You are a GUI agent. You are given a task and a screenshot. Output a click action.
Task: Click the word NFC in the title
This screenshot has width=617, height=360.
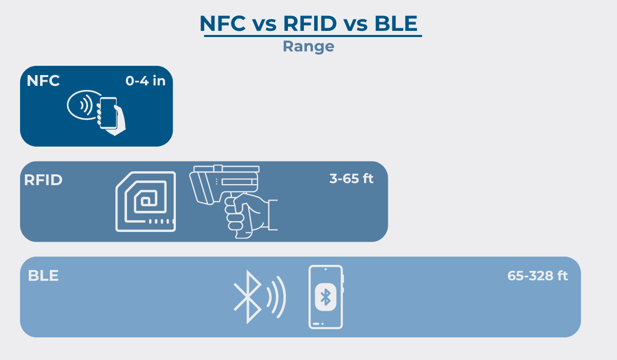(223, 24)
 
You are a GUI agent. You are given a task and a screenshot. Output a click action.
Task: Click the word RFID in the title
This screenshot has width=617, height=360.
(310, 24)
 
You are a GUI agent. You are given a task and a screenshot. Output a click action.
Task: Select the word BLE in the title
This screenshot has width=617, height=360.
(396, 24)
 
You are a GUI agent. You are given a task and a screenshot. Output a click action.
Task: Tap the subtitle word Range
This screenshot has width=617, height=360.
(308, 46)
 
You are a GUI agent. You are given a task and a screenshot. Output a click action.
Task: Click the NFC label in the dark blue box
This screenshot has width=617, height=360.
(43, 81)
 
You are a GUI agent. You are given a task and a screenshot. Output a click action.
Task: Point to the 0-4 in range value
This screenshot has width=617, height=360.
(146, 81)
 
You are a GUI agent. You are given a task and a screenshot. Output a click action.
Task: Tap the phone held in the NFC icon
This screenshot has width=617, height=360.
(108, 113)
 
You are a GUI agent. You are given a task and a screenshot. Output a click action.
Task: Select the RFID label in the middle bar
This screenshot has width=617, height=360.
(43, 180)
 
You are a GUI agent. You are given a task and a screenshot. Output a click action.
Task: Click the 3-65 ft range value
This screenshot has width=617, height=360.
(352, 178)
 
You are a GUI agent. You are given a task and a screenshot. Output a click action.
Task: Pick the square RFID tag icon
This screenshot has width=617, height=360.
(146, 202)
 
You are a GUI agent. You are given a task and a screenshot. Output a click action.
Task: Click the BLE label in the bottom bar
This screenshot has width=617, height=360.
(43, 276)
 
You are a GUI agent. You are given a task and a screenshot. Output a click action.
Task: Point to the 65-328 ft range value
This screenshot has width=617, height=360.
(538, 276)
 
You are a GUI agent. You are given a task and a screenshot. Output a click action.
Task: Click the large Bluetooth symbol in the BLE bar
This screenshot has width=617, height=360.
(247, 297)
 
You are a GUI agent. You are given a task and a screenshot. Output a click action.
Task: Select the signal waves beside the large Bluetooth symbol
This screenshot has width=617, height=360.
(276, 297)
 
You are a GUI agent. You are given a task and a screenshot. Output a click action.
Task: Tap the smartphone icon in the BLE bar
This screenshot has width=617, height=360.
(326, 297)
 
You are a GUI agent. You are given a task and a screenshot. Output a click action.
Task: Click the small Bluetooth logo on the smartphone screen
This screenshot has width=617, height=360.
(325, 297)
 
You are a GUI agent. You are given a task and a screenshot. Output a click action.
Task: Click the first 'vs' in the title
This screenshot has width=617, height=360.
(264, 25)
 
